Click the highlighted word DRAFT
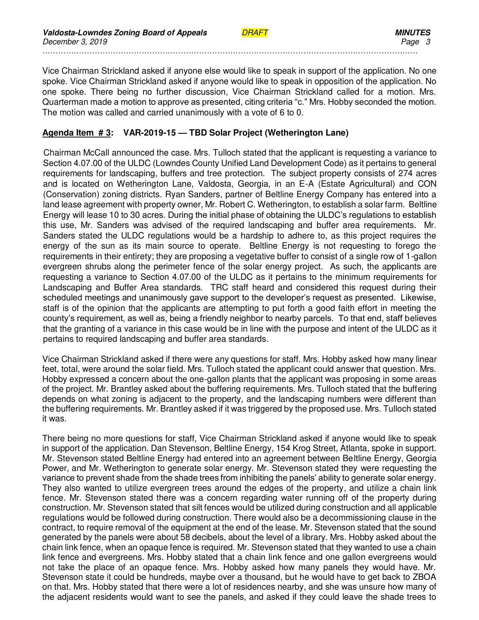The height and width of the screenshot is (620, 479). (x=255, y=33)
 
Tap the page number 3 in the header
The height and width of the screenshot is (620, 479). (x=428, y=42)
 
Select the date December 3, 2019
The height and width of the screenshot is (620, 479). (x=75, y=42)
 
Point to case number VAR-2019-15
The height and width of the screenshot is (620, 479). (x=149, y=133)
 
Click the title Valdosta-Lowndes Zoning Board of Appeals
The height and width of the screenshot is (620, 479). (x=125, y=33)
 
